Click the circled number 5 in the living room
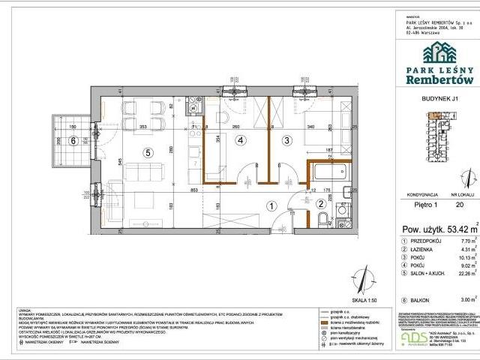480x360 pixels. click(x=148, y=153)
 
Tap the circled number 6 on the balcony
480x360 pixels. click(x=73, y=139)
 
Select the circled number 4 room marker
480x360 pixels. click(x=241, y=139)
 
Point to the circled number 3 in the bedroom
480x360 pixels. click(x=286, y=139)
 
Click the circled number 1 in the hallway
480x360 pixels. click(x=272, y=204)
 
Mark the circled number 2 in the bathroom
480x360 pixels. click(x=319, y=203)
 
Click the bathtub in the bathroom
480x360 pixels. click(x=328, y=171)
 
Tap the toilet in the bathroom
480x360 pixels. click(x=322, y=220)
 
